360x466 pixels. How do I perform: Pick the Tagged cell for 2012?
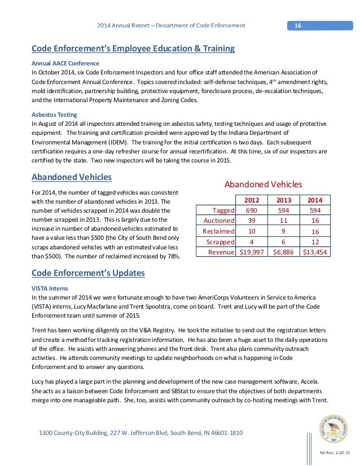252,210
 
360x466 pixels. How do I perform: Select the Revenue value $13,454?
314,252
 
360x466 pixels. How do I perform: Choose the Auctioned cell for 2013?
284,221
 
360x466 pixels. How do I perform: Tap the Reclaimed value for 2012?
252,231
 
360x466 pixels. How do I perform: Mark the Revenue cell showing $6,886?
284,252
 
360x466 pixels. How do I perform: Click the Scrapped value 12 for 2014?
314,241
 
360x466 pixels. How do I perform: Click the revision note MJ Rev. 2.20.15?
335,454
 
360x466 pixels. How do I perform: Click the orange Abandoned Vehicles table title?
264,184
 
